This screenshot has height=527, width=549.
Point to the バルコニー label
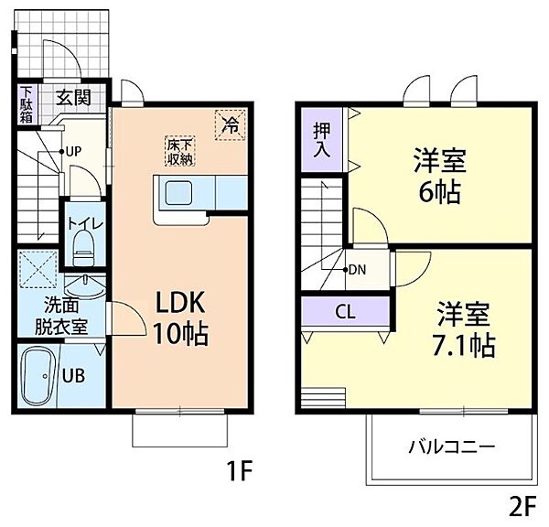click(x=451, y=447)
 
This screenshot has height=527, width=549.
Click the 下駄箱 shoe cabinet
click(x=27, y=104)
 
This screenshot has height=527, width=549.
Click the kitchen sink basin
click(x=178, y=194)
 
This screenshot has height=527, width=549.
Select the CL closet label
click(x=344, y=312)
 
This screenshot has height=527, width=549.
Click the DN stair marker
click(x=356, y=270)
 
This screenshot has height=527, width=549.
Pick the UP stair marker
click(x=70, y=151)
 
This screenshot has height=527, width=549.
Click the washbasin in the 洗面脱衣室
click(x=84, y=281)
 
